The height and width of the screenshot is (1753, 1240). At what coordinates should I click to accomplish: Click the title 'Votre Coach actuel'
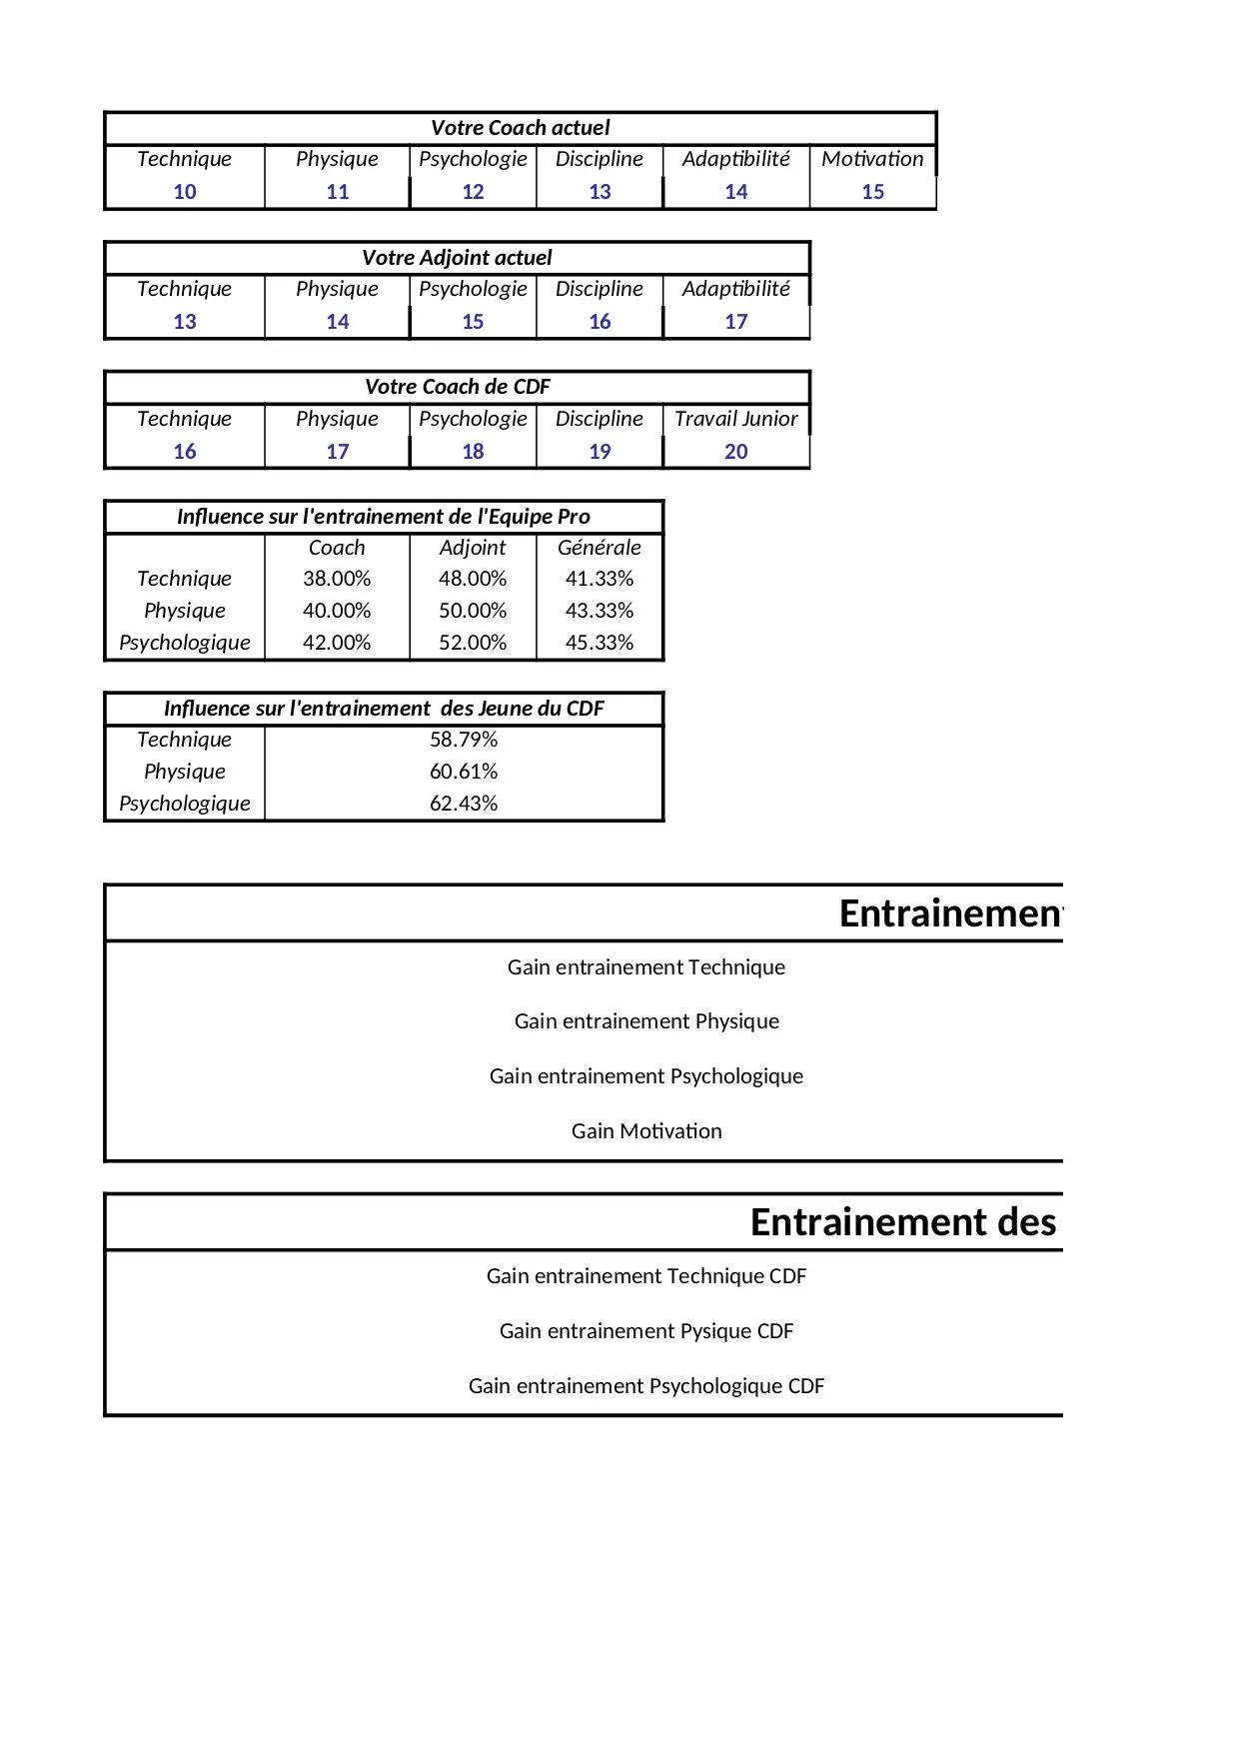pos(520,128)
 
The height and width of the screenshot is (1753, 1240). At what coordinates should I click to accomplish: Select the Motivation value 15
pos(872,192)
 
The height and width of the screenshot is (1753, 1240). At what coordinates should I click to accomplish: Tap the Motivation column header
pos(872,159)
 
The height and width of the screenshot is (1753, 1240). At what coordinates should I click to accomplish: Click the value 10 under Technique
pos(185,192)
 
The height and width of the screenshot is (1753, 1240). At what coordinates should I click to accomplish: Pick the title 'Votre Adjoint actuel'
pos(457,258)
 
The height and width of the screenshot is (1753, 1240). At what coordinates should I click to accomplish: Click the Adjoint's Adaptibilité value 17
pos(735,322)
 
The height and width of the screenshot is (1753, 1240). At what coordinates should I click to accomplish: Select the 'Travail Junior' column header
pos(735,419)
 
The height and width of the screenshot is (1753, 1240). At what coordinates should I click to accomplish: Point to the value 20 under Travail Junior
pos(735,452)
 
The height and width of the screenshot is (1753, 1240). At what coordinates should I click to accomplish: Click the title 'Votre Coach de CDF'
pos(457,387)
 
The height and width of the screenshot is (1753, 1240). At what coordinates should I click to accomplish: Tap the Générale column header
pos(599,548)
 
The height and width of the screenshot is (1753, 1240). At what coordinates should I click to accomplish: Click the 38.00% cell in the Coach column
pos(337,579)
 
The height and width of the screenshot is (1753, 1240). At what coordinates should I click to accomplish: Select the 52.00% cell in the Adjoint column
pos(473,643)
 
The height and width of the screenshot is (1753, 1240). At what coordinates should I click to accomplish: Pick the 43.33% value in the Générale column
pos(599,611)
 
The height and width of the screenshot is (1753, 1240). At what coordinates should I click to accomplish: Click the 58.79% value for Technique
pos(464,740)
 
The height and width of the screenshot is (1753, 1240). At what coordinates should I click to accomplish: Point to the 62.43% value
pos(464,804)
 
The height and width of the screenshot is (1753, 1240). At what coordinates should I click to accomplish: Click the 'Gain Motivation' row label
pos(646,1131)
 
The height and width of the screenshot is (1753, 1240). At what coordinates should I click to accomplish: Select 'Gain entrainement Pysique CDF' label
pos(646,1331)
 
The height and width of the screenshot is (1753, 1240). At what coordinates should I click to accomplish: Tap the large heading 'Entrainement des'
pos(903,1222)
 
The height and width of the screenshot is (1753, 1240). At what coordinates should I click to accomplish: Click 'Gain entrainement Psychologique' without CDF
pos(646,1076)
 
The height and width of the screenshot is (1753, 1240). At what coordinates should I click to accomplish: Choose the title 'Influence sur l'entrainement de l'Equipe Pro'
pos(384,517)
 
